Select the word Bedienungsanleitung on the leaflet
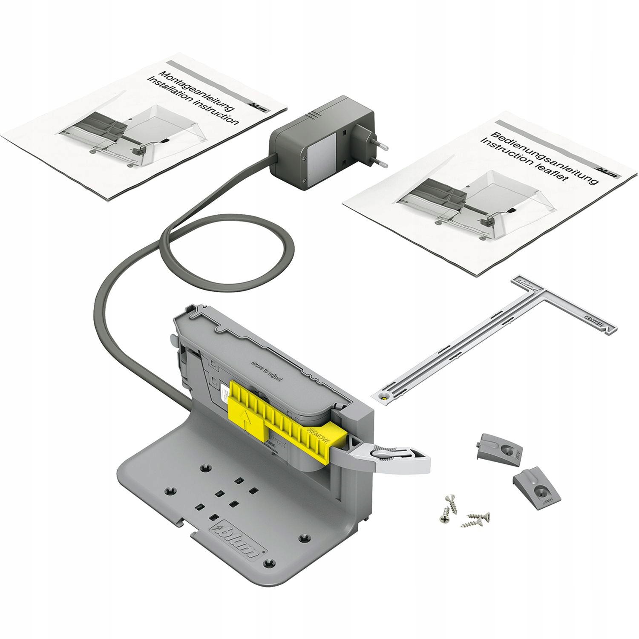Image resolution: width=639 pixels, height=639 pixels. [545, 158]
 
